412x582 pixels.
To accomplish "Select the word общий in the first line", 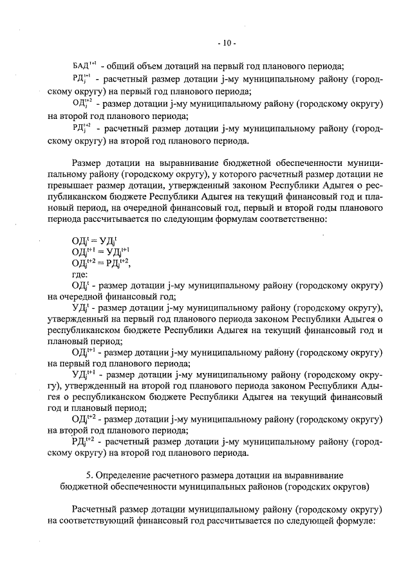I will tap(120, 66).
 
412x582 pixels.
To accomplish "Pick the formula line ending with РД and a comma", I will tap(102, 262).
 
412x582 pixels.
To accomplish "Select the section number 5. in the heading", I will tap(90, 475).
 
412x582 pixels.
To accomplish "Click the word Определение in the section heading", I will tap(126, 475).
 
